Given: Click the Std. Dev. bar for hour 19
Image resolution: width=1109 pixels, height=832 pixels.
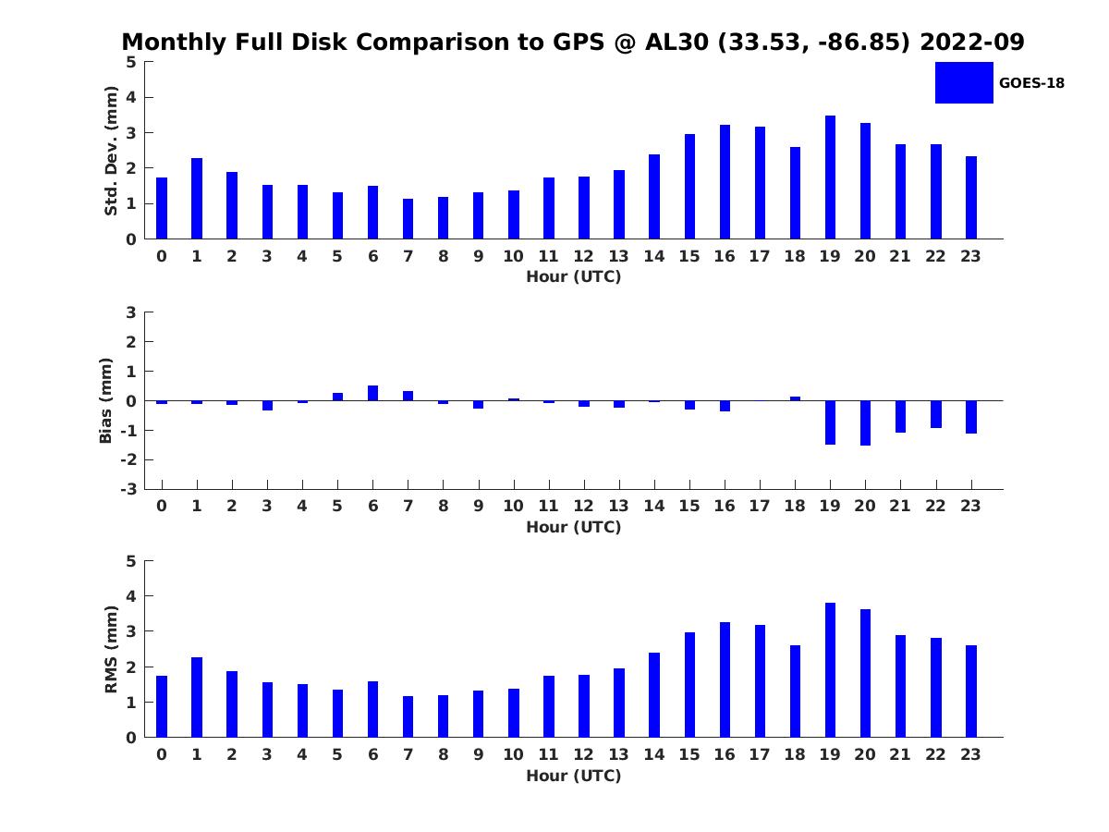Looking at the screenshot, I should (830, 177).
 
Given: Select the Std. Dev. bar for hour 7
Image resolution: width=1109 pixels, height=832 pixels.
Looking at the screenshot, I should (408, 219).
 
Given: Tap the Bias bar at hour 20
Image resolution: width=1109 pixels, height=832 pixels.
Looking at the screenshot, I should (865, 422).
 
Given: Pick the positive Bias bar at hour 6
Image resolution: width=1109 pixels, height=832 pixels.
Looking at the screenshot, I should (372, 393).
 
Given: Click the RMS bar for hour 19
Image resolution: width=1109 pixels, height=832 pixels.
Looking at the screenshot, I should (830, 670).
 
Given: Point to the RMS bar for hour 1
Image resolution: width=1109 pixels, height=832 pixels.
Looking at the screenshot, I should (197, 697).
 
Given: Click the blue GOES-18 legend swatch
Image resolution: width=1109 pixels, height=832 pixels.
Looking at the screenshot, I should (964, 82).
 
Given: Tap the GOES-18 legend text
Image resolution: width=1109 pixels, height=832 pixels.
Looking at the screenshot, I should (1031, 83).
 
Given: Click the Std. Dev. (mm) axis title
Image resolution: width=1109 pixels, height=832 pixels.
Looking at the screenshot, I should (111, 151).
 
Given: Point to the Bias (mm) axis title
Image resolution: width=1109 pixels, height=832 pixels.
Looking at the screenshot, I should (106, 400).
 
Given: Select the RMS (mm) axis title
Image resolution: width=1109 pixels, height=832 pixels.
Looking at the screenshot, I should (111, 649).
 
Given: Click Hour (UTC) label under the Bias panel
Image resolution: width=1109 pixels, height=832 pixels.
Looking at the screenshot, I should (573, 527).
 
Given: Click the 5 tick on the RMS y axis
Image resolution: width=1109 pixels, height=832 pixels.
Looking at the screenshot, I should (131, 561).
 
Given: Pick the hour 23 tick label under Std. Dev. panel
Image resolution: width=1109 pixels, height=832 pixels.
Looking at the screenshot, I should (970, 256).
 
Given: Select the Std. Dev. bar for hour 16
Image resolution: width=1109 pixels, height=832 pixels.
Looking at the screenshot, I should (725, 182).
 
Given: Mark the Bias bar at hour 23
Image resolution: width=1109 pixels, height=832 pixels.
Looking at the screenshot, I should (971, 417).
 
